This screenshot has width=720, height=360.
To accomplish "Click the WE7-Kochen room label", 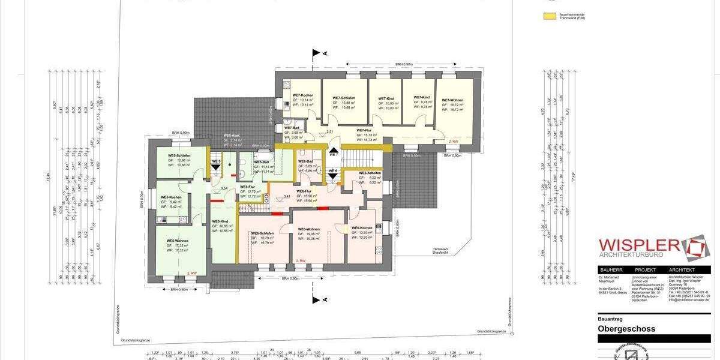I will click(x=302, y=95).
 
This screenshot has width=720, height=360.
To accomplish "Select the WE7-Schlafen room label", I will click(x=344, y=98).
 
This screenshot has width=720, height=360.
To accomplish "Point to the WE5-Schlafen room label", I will click(x=179, y=155).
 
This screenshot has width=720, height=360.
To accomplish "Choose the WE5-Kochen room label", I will click(x=170, y=197).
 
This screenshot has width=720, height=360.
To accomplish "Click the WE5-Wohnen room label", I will click(x=177, y=240).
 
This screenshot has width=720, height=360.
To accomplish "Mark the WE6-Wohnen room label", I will click(x=308, y=229).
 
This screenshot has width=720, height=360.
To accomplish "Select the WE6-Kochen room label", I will click(x=362, y=228).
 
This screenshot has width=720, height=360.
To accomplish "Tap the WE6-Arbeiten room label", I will click(x=370, y=173).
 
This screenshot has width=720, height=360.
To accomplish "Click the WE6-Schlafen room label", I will click(x=263, y=233).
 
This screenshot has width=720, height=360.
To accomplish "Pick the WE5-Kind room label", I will click(x=220, y=221).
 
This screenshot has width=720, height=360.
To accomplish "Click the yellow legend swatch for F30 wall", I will click(x=549, y=16).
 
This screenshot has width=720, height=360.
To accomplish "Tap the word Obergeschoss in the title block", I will click(x=626, y=329).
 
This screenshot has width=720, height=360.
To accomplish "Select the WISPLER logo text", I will click(x=639, y=247).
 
